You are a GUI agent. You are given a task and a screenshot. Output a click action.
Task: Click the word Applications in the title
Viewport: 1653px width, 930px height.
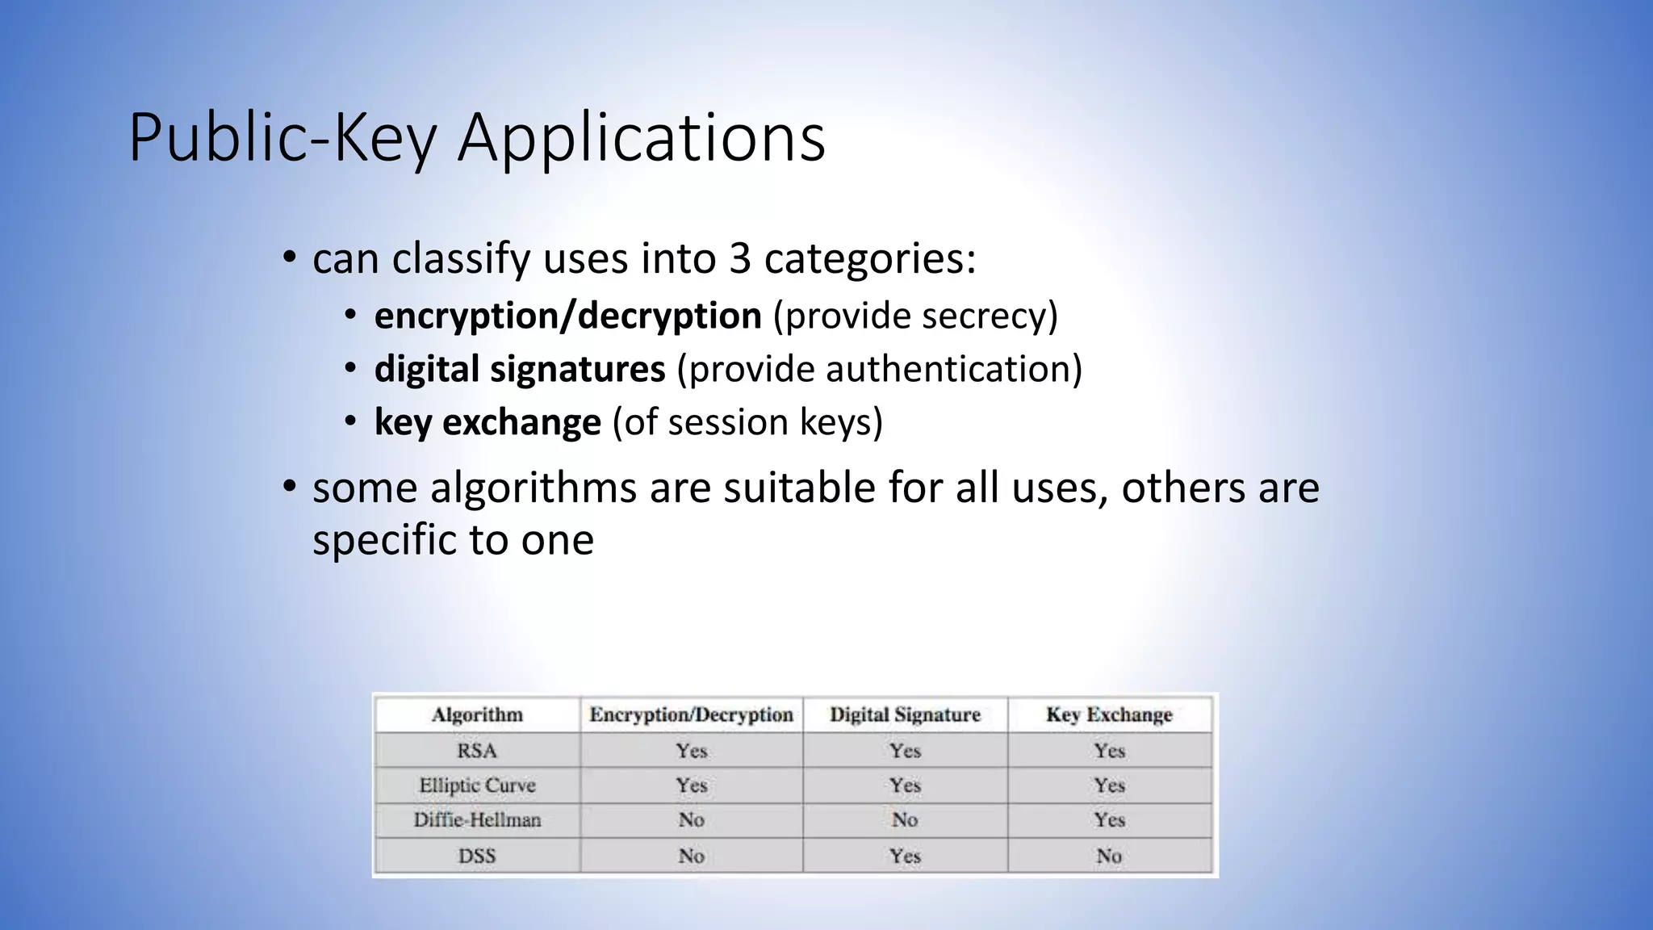[642, 139]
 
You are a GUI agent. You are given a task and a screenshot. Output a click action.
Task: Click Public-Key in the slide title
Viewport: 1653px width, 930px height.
[282, 139]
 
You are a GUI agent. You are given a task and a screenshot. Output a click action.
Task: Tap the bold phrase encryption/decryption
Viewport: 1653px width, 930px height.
[567, 316]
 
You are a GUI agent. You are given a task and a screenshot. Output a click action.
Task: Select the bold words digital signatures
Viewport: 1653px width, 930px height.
[520, 369]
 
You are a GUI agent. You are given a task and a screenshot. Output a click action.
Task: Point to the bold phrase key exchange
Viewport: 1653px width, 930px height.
[488, 422]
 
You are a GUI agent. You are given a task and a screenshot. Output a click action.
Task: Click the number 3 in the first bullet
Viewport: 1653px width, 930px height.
[739, 259]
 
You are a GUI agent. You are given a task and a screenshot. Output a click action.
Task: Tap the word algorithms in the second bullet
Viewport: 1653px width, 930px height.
[533, 488]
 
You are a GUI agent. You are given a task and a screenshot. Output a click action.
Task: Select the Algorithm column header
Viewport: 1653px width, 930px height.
[477, 714]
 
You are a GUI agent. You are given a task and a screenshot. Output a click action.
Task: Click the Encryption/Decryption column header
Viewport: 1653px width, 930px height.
[691, 714]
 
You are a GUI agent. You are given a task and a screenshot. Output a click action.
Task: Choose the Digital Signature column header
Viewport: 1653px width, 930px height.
[905, 714]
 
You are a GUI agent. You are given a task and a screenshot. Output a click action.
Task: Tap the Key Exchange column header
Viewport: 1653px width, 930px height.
[1109, 714]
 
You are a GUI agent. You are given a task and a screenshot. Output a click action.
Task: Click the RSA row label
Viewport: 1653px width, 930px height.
[477, 751]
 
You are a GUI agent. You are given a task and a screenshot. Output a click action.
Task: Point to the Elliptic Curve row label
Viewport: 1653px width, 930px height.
[477, 785]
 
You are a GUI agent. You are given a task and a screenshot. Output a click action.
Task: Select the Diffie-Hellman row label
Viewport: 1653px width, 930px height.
[477, 820]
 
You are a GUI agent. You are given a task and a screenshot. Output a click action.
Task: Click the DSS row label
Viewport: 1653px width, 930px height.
[477, 856]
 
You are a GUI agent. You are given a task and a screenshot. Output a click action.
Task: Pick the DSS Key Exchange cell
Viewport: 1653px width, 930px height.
[1109, 856]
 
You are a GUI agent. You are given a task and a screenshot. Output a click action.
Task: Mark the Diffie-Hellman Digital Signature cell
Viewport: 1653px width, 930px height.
[905, 820]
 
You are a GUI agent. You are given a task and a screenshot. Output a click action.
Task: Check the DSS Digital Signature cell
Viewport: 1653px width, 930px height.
[905, 856]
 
